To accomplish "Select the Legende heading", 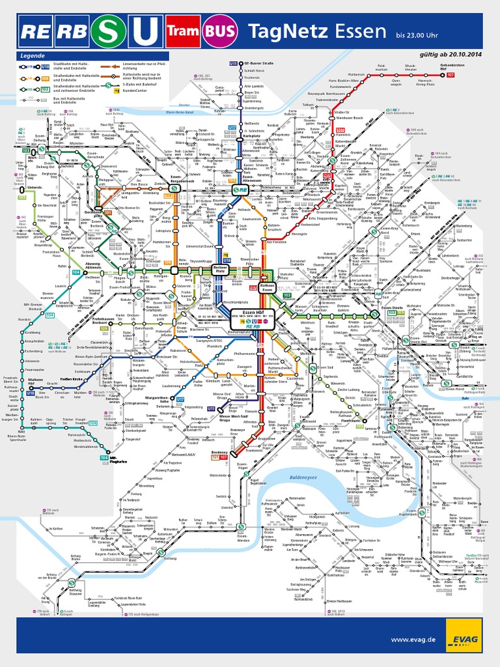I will [33, 56].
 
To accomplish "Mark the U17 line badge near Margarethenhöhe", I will [180, 399].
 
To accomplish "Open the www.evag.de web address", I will [413, 640].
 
